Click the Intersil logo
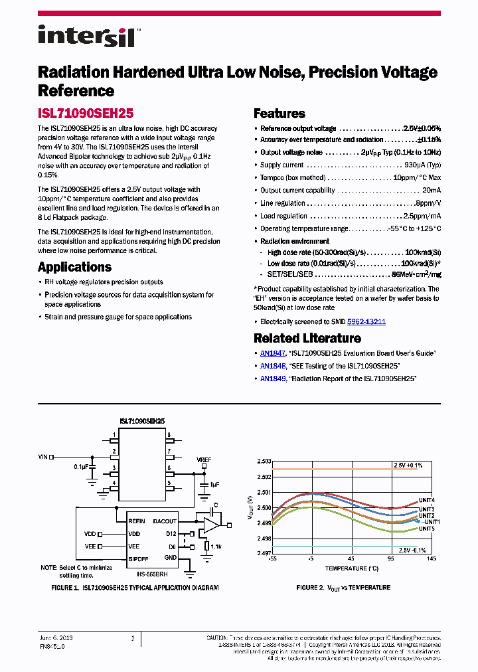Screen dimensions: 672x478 [x=86, y=36]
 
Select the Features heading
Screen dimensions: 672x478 [x=279, y=114]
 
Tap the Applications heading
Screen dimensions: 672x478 [x=74, y=267]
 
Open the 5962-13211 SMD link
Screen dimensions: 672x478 [x=366, y=321]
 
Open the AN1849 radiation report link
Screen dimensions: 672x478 [x=273, y=378]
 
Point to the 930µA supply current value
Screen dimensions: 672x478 [x=422, y=165]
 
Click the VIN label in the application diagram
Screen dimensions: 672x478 [x=44, y=456]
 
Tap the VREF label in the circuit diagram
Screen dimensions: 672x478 [x=204, y=460]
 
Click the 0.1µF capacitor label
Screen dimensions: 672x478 [x=81, y=467]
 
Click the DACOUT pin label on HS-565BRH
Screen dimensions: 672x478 [x=165, y=521]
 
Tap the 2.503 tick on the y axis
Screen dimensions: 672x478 [x=264, y=461]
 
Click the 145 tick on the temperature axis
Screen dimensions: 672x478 [x=432, y=559]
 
